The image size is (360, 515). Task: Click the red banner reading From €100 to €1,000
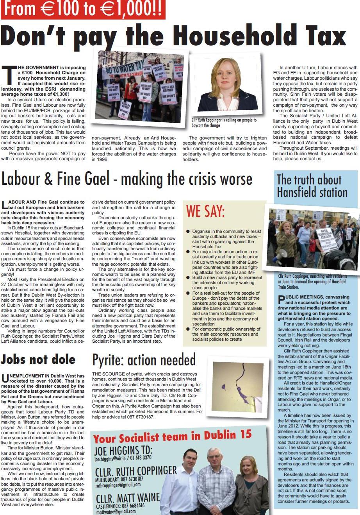coord(82,10)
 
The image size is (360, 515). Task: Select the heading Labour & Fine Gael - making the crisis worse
coord(127,179)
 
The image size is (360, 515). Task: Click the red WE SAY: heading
coord(205,211)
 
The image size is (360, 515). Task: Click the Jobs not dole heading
coord(38,359)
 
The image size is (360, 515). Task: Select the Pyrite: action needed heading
coord(144,360)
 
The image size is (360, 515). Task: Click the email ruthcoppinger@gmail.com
coord(118,485)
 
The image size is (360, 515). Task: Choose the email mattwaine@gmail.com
coord(116,511)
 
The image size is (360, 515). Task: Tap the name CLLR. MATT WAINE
coord(128,497)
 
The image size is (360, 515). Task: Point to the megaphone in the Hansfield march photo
coord(282,253)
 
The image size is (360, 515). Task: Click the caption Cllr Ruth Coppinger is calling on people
coord(224,123)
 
